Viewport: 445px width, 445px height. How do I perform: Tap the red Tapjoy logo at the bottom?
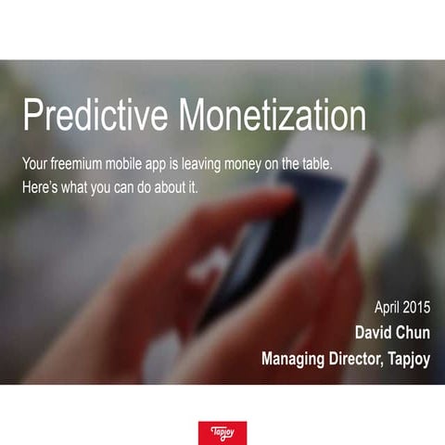point(222,432)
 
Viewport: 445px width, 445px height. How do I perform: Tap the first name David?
point(375,332)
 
